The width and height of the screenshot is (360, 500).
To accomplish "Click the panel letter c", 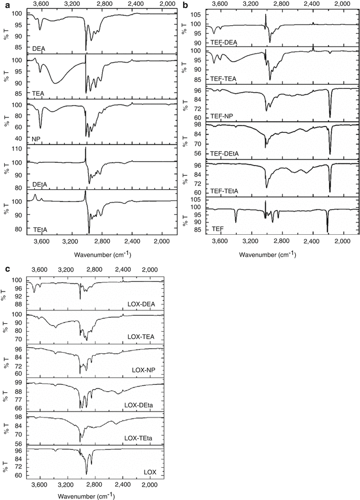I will point(5,268).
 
